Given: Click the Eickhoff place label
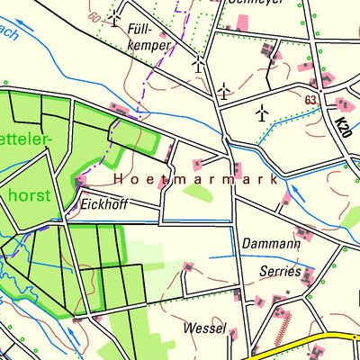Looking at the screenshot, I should pyautogui.click(x=104, y=204).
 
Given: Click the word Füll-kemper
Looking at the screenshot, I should pyautogui.click(x=149, y=34).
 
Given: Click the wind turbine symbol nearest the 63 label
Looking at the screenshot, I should pyautogui.click(x=262, y=112).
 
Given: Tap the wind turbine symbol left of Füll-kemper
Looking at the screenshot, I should pyautogui.click(x=114, y=17).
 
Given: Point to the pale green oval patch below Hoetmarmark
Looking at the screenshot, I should pyautogui.click(x=199, y=191).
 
